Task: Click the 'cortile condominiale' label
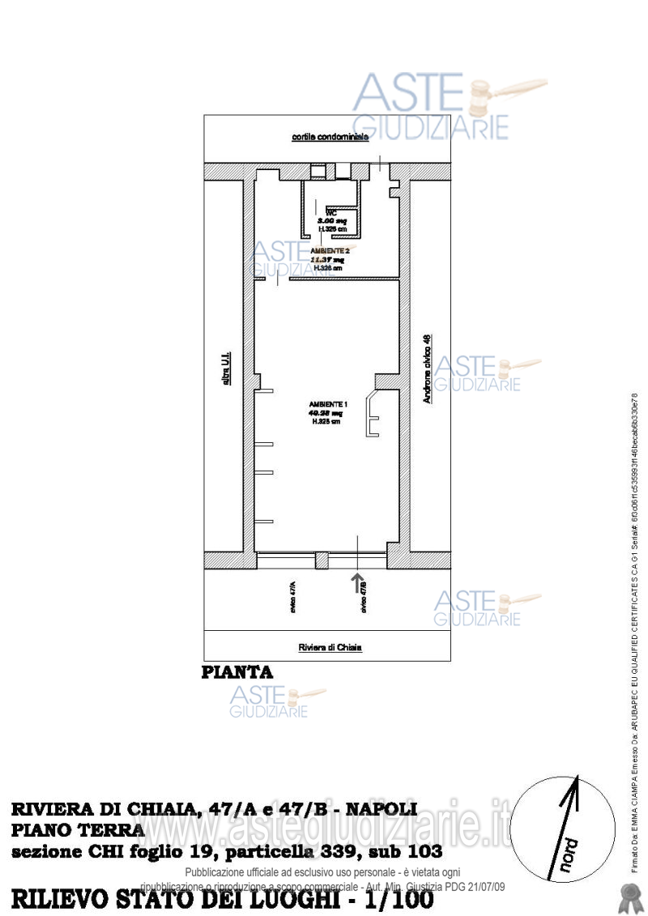330,138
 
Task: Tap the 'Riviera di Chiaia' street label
330,647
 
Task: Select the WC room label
331,212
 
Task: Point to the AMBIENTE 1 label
328,404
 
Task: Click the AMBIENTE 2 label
330,251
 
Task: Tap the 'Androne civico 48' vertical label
427,369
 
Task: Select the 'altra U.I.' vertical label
228,368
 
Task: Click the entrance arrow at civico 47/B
357,581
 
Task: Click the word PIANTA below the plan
237,672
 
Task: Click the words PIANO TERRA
78,830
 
